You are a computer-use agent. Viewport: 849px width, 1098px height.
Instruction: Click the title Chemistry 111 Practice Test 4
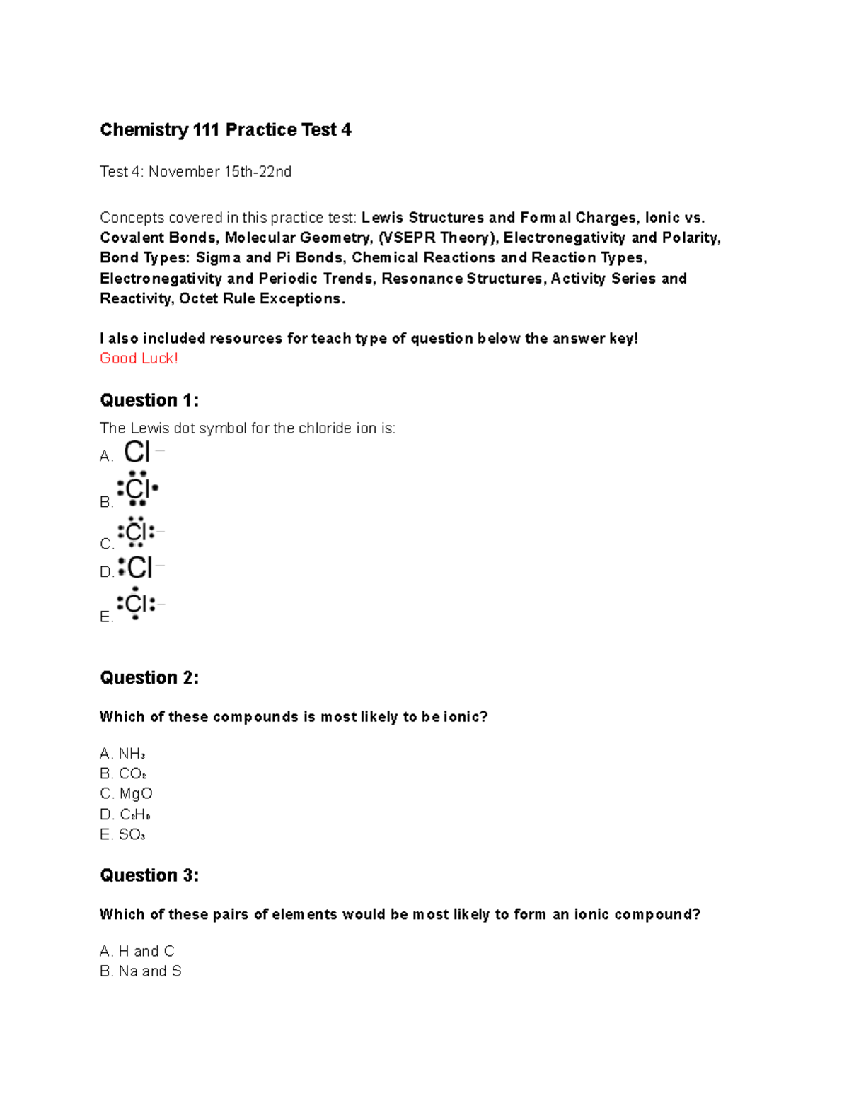pos(225,130)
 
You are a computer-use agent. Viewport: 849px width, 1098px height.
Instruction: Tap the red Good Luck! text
pos(139,358)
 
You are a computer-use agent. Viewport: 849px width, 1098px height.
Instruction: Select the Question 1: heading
pos(149,400)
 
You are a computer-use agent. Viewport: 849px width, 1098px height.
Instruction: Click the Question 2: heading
pos(149,678)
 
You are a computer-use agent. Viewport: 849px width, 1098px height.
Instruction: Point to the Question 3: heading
pos(149,875)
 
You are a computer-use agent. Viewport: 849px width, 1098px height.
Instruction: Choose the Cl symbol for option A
pos(138,452)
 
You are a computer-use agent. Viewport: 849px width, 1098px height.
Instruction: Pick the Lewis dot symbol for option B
pos(137,489)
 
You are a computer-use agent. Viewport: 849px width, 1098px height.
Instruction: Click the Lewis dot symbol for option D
pos(137,567)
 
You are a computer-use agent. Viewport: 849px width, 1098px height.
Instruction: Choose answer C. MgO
pos(127,794)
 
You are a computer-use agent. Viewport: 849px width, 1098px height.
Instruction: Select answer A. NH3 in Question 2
pos(123,754)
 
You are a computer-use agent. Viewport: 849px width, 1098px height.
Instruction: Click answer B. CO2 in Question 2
pos(124,774)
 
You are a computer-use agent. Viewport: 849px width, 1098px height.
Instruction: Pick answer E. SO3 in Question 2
pos(123,835)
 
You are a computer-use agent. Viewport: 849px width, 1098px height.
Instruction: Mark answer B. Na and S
pos(141,971)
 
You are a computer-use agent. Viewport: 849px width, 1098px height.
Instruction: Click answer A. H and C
pos(137,951)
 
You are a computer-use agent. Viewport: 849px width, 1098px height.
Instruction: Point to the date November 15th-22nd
pos(219,172)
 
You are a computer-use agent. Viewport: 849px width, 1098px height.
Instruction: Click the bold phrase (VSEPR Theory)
pos(436,238)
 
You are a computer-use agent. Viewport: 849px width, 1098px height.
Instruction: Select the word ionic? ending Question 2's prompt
pos(466,717)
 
